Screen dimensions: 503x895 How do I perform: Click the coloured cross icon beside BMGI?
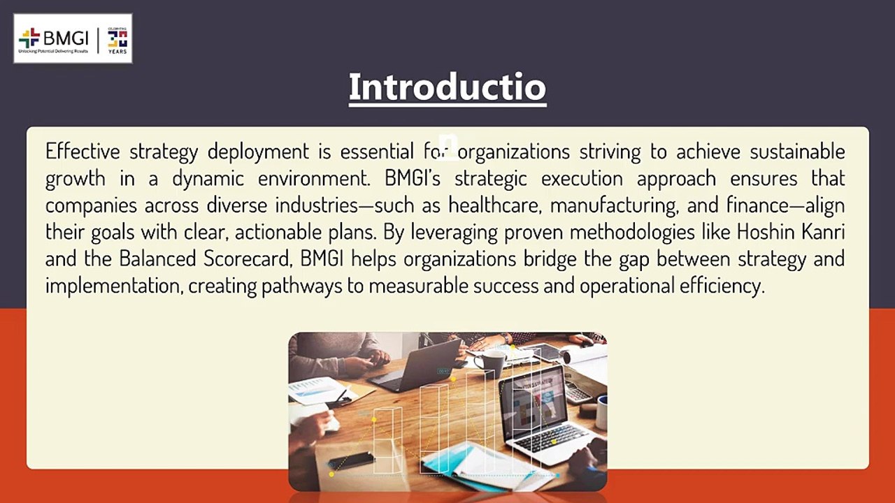point(29,37)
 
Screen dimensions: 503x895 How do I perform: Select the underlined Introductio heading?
point(447,87)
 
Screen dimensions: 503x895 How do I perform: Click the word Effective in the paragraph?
point(83,151)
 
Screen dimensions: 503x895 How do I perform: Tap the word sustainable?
point(797,151)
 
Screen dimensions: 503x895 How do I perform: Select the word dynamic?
point(208,178)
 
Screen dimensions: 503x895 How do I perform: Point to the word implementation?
point(114,286)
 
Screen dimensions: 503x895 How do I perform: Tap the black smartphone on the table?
point(352,460)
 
